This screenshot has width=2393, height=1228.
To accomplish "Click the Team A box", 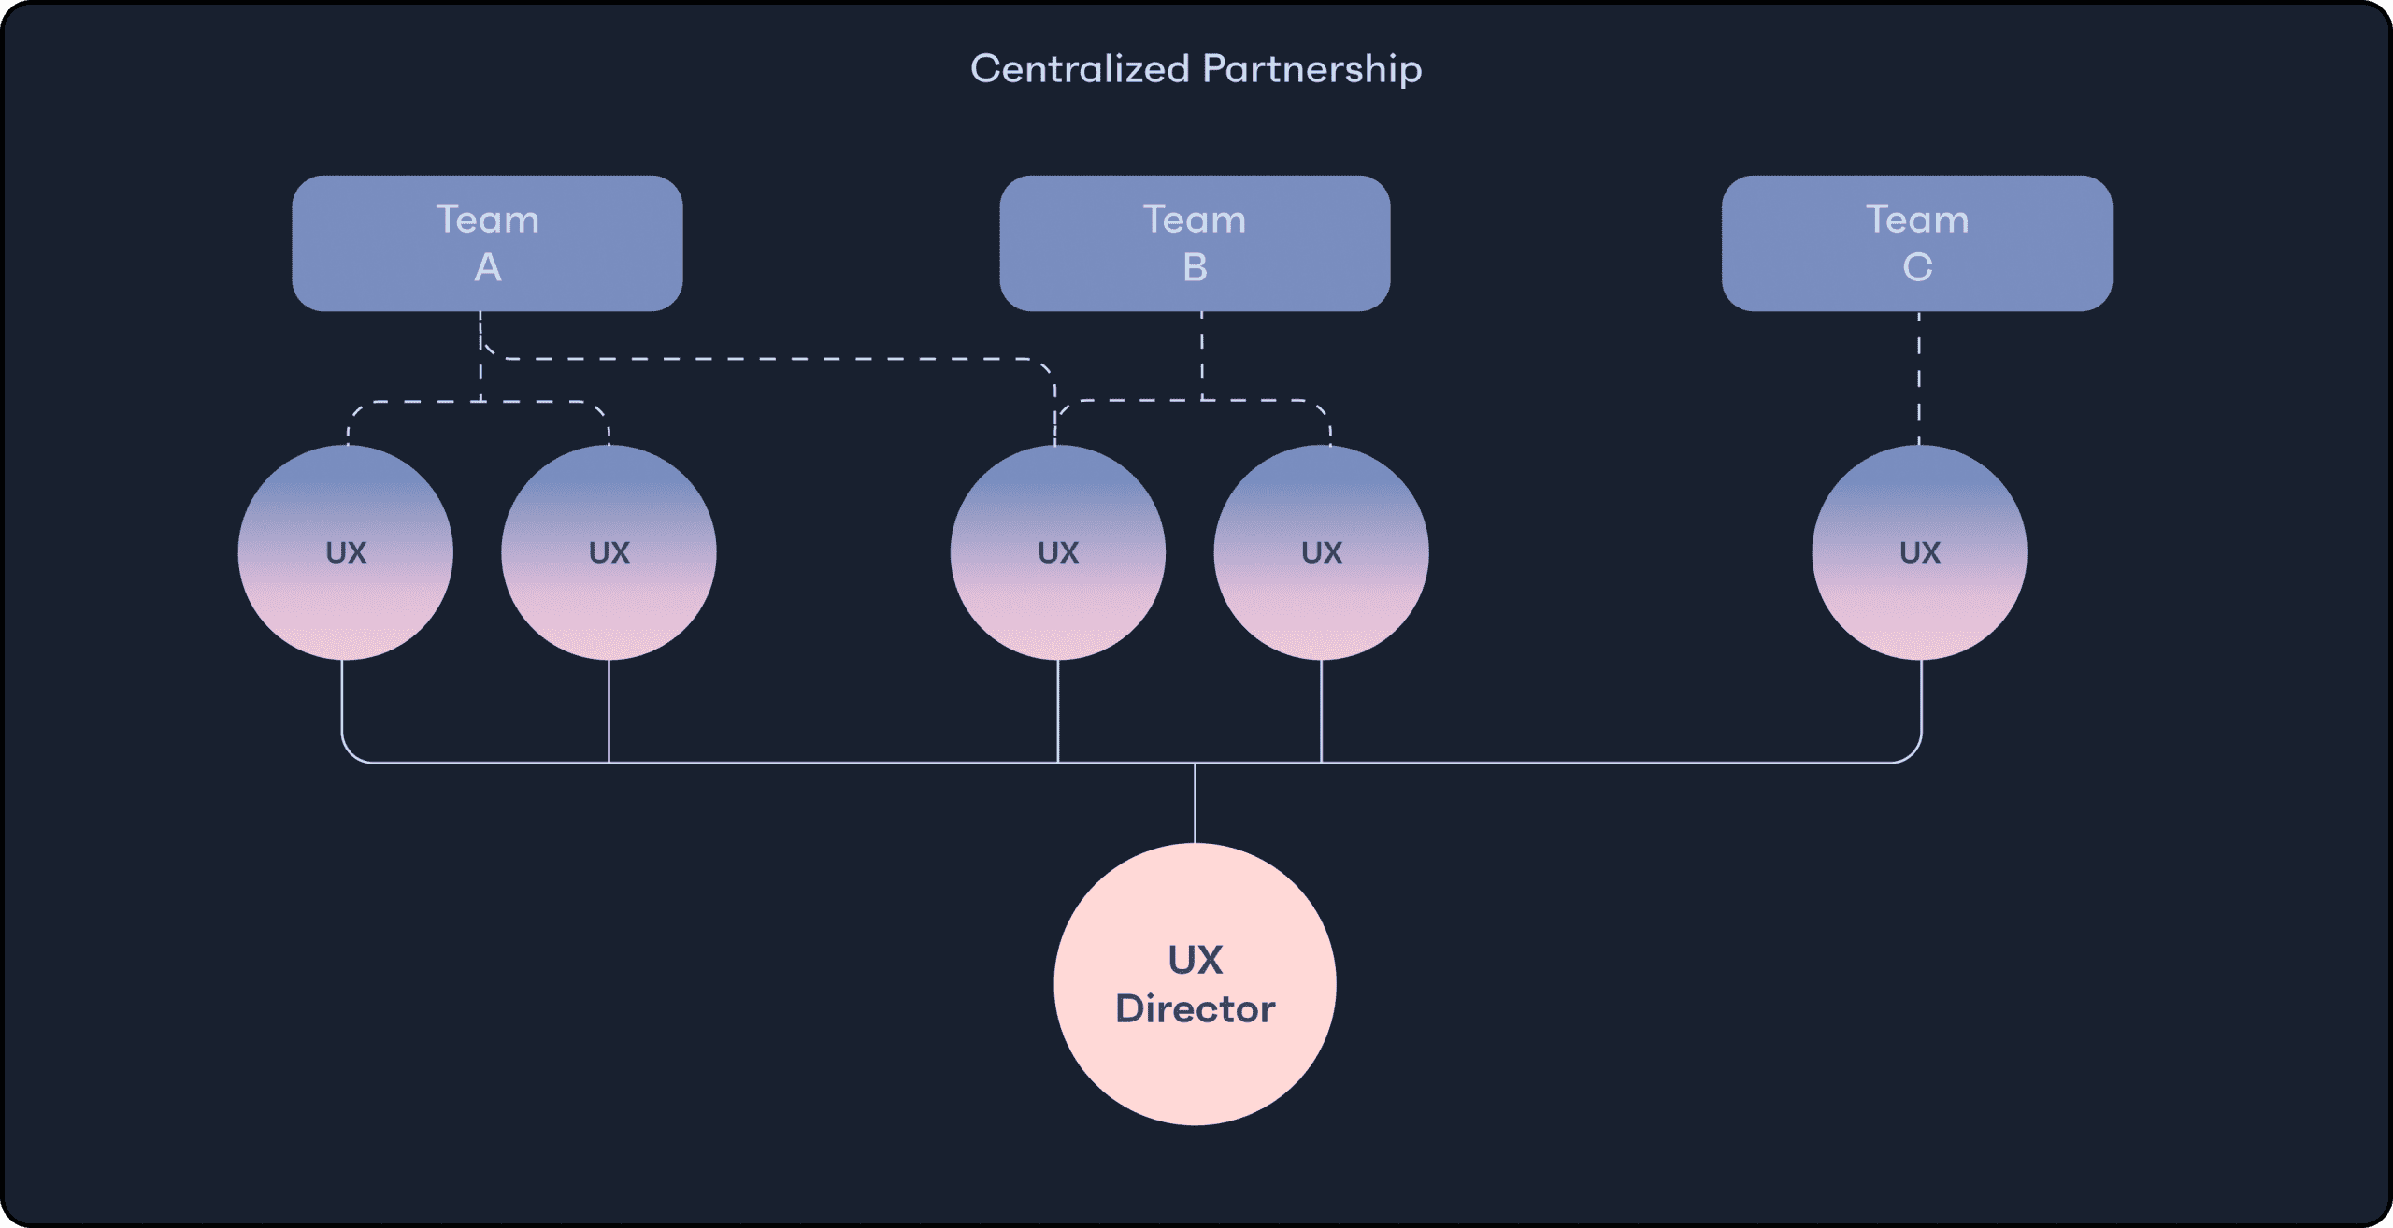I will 487,243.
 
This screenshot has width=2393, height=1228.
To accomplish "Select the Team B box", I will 1195,243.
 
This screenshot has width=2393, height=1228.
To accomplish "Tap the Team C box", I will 1916,243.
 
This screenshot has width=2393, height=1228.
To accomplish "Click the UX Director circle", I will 1195,984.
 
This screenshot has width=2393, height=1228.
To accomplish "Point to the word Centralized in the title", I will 1080,69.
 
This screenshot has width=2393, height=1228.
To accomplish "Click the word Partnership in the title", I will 1311,69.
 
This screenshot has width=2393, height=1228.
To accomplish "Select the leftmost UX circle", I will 345,552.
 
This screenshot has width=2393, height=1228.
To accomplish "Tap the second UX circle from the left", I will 609,552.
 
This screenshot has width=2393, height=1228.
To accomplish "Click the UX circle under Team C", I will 1919,552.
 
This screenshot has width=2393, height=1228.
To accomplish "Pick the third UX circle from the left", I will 1057,552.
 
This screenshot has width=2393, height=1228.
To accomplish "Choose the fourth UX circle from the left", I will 1321,552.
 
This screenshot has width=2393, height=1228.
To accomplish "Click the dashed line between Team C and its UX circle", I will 1919,378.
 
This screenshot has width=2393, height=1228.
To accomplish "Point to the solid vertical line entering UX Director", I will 1195,804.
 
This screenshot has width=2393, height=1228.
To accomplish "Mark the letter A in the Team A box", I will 487,268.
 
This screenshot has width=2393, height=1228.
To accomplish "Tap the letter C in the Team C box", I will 1916,268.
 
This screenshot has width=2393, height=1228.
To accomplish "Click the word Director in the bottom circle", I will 1195,1009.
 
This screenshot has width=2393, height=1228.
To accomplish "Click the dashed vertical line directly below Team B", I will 1202,355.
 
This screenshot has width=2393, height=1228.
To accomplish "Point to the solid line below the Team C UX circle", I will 1921,701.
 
